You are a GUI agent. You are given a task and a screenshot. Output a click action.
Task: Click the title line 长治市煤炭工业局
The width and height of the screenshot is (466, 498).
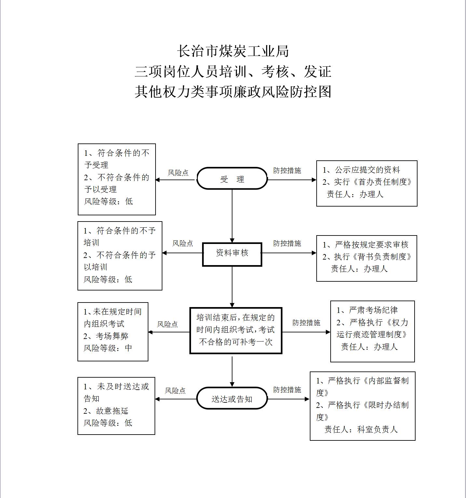233,51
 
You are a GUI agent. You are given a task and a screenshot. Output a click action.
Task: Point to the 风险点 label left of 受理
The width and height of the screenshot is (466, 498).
178,173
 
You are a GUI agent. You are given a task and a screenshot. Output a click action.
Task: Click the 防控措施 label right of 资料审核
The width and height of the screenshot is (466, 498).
287,243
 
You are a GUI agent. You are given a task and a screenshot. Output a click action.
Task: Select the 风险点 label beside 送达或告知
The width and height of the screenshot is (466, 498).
175,391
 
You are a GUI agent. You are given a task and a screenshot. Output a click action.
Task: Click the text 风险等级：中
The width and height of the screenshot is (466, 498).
108,348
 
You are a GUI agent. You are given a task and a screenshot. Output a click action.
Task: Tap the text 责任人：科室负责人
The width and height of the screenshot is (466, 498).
361,429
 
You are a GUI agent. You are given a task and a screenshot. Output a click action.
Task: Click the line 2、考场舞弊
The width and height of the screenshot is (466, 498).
106,336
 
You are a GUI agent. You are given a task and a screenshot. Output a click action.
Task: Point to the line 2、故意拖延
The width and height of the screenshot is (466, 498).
106,411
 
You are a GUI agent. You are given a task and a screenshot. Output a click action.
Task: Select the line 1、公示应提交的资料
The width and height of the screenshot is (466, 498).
361,170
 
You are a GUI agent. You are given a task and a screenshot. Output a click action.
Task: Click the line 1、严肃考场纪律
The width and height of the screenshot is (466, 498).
367,310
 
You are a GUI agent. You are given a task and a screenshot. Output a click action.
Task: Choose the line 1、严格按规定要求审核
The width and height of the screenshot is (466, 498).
365,245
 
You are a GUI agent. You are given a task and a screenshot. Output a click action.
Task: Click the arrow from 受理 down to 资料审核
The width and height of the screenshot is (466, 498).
232,216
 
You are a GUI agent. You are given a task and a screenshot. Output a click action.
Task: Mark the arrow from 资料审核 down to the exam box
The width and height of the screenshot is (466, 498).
232,287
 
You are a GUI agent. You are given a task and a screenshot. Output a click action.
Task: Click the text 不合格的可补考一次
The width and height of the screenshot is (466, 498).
236,342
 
